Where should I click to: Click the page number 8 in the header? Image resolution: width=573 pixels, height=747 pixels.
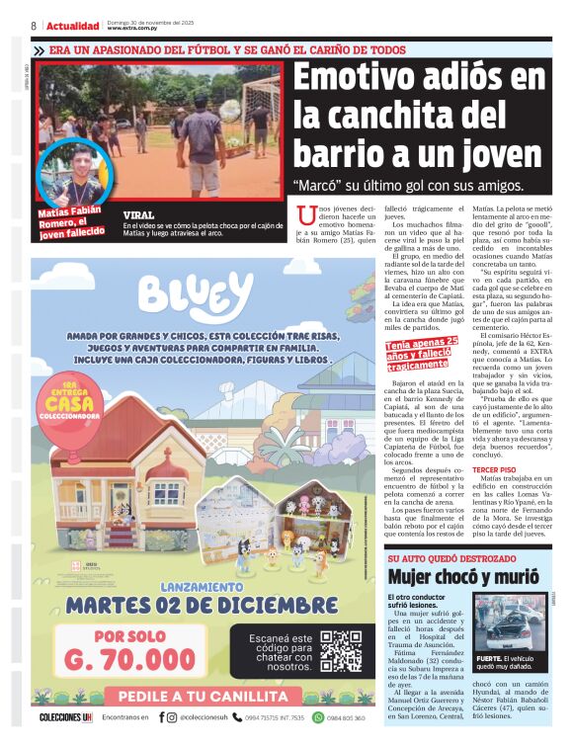point(34,26)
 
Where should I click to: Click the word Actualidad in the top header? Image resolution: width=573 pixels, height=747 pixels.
point(72,26)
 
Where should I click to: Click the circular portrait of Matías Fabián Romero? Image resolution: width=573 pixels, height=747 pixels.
point(71,174)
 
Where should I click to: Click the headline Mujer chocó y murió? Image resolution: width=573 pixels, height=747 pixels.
point(460,576)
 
